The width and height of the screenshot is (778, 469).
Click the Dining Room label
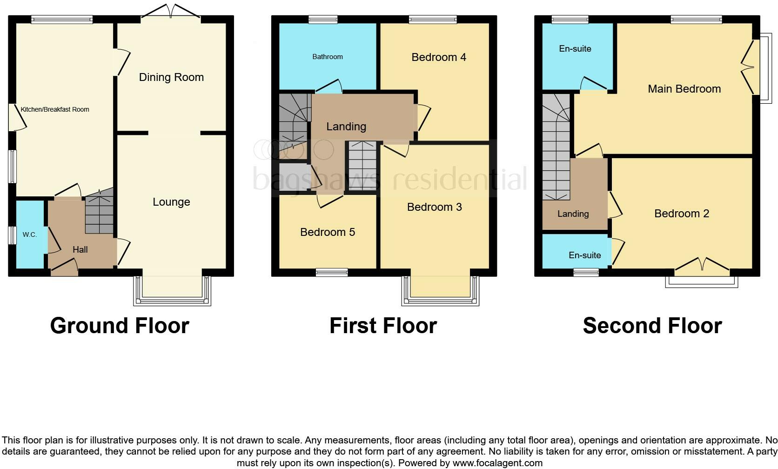[x=171, y=77]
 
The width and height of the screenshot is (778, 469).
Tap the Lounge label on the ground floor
[x=171, y=202]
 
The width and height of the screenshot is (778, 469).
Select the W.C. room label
[x=30, y=234]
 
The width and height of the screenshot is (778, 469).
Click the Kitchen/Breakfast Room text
[x=55, y=109]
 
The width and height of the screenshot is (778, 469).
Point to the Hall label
[x=80, y=250]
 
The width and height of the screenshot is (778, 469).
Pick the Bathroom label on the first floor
[x=328, y=57]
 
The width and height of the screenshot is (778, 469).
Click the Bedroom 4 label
[x=439, y=57]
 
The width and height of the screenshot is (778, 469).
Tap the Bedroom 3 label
[x=434, y=207]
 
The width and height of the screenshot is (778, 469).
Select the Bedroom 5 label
[x=328, y=232]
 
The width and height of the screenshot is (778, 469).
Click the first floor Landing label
[x=346, y=127]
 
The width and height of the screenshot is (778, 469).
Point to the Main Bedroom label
[x=684, y=89]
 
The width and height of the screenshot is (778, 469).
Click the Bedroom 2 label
[x=682, y=214]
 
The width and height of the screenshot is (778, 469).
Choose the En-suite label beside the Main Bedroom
[x=575, y=49]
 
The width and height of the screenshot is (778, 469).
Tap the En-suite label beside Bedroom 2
[x=584, y=255]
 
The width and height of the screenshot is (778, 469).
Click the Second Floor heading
[x=652, y=326]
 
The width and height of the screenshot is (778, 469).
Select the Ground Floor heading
[x=120, y=326]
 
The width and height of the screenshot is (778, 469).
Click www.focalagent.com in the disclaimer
[x=497, y=463]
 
